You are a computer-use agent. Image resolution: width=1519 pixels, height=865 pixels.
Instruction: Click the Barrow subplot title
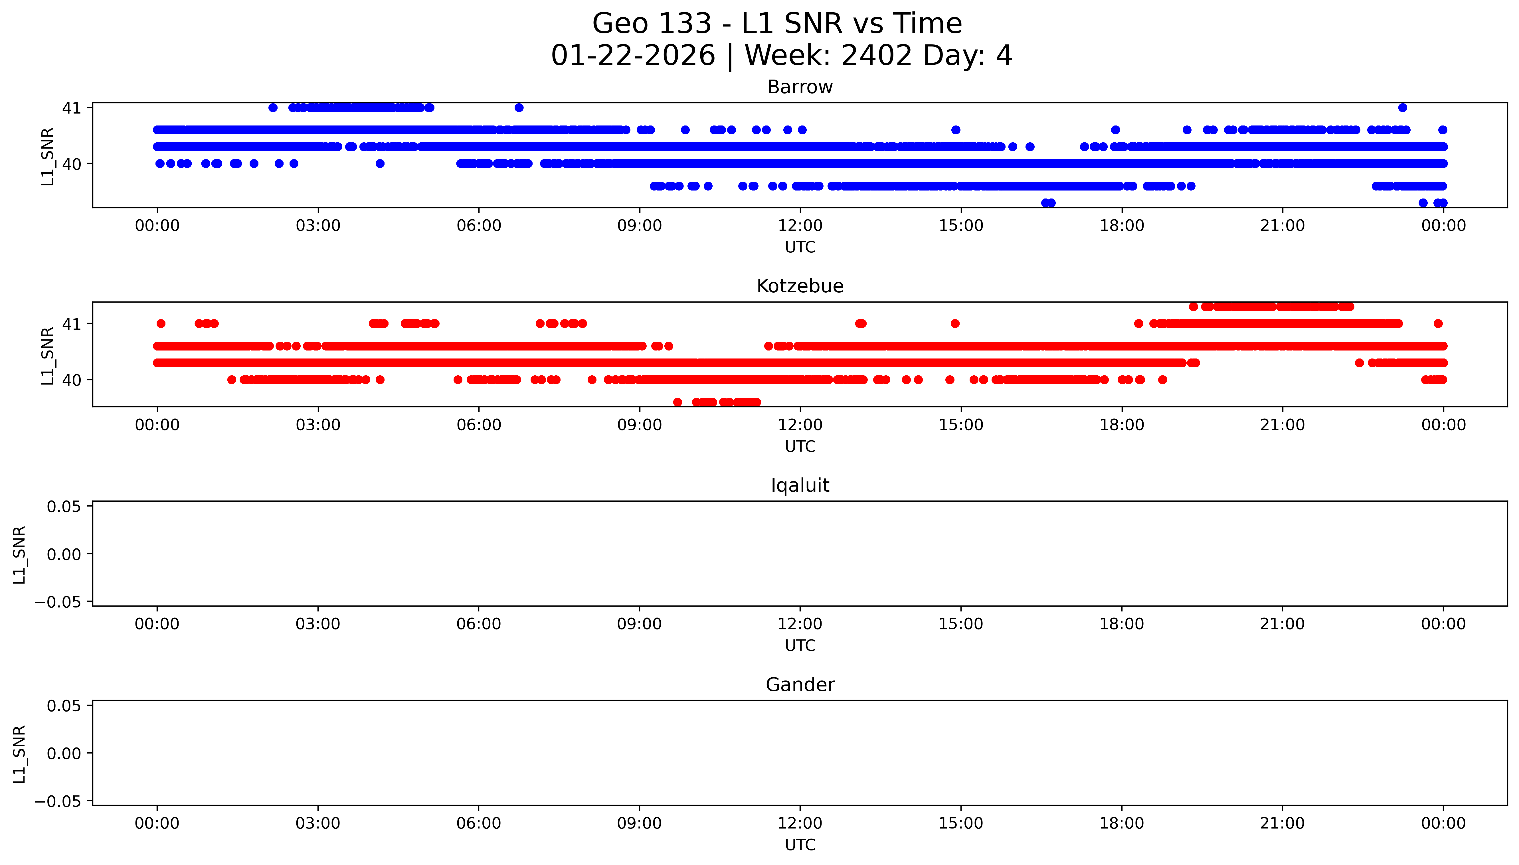coord(800,87)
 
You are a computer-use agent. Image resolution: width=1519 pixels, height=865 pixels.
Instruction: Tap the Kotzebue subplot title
coord(800,286)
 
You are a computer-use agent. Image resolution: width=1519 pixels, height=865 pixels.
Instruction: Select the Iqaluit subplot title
coord(800,485)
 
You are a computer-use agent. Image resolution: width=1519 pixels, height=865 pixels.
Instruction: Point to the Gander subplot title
coord(800,685)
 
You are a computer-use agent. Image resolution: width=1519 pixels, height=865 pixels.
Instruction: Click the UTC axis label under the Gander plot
coord(800,845)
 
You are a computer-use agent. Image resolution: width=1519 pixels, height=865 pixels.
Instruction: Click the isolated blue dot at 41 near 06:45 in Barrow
coord(519,108)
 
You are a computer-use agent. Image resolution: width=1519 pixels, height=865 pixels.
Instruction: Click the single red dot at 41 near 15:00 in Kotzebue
coord(955,324)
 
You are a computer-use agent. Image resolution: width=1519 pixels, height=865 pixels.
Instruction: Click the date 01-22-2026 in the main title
coord(633,56)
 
